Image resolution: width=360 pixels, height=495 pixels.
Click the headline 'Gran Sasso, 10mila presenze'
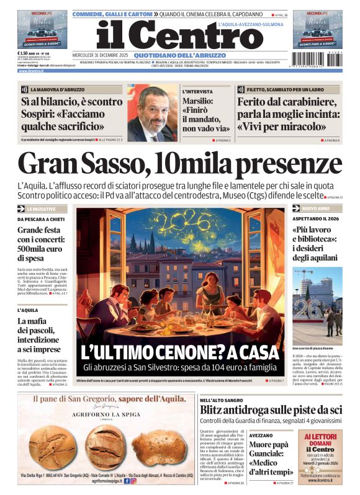pos(179,164)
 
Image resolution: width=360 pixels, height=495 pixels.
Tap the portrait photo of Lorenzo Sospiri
pos(152,114)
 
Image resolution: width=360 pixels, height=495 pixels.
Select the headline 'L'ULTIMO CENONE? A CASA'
pos(180,352)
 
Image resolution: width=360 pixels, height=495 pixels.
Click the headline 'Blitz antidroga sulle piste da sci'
pos(288,410)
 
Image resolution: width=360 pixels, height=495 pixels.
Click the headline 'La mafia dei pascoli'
pos(37,335)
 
